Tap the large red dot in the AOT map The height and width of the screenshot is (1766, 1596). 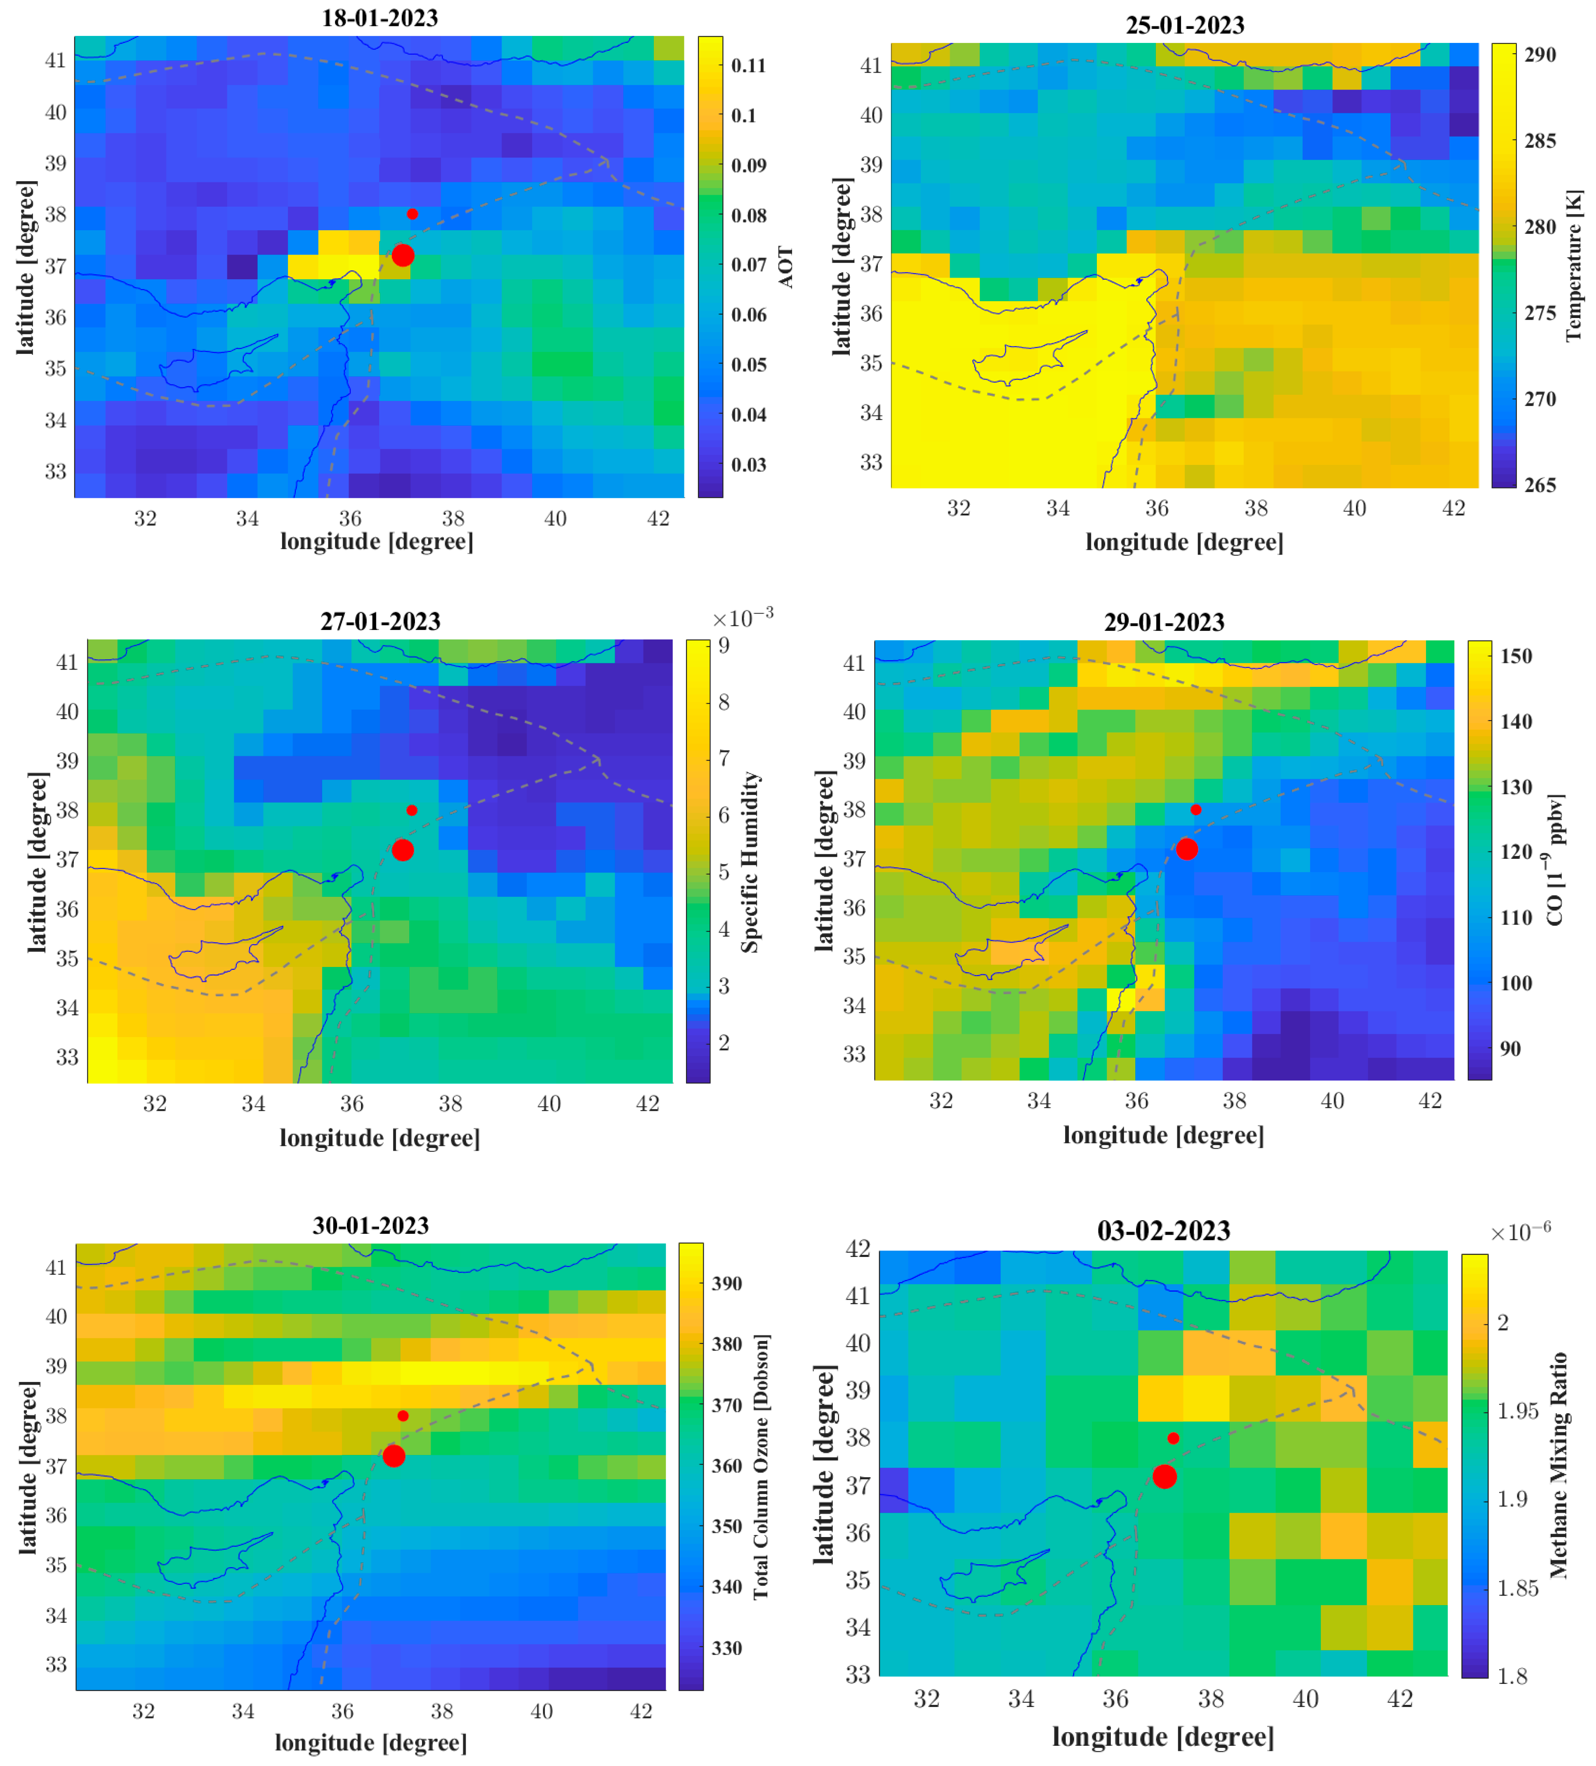[402, 255]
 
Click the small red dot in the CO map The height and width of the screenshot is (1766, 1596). [1196, 809]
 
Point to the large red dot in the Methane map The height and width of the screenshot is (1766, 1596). [1164, 1476]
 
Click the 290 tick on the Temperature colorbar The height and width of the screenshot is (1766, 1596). [1540, 54]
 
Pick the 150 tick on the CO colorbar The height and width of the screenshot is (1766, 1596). [1516, 656]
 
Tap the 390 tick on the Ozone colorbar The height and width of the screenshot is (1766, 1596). [726, 1283]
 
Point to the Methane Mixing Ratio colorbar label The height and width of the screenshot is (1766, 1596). [1558, 1465]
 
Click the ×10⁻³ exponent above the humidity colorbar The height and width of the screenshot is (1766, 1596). [742, 618]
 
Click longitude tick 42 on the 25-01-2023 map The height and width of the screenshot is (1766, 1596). [1453, 508]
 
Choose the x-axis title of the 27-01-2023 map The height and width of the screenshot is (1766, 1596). [379, 1138]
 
